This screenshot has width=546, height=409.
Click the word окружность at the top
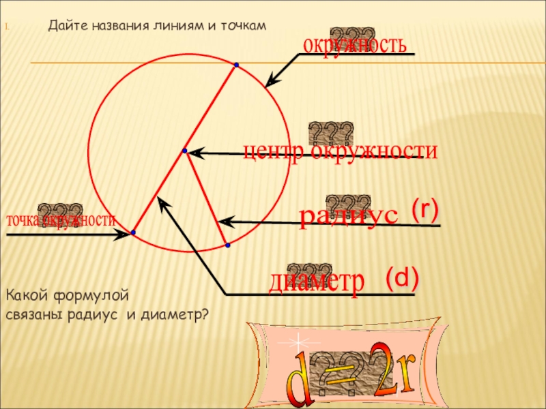pos(355,46)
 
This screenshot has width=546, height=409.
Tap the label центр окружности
pos(341,151)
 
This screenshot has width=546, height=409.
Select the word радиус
pos(348,215)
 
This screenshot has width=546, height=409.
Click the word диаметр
pos(317,282)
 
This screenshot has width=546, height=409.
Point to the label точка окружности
pos(61,221)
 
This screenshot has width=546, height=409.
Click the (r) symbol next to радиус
pos(425,210)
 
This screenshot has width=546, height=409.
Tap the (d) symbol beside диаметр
pos(402,277)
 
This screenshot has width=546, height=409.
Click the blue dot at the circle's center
pos(184,150)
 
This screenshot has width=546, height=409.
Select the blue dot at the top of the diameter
pos(235,65)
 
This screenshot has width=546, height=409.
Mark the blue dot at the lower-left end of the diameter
pos(133,234)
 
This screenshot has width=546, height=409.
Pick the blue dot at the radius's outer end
pos(227,244)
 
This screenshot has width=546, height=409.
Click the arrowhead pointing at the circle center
pos(194,153)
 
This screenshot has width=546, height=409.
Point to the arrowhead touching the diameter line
pos(161,201)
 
